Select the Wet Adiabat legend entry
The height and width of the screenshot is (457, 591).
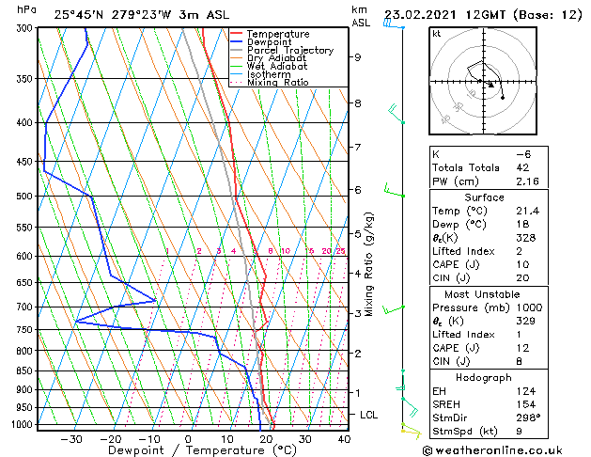tap(278, 66)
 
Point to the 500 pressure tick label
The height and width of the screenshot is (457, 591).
tap(23, 197)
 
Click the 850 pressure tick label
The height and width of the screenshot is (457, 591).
tap(23, 371)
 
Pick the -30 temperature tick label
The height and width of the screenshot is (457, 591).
tap(71, 439)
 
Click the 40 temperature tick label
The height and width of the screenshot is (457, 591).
tap(344, 439)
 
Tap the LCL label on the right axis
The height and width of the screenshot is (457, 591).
tap(369, 415)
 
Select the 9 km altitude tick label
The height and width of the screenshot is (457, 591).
tap(357, 57)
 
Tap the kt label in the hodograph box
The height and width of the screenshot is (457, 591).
tap(436, 34)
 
